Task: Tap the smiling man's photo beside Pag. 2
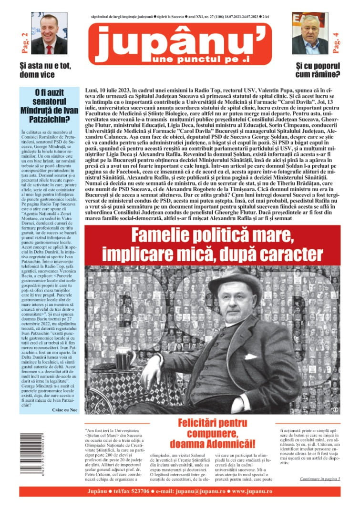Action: [x=49, y=34]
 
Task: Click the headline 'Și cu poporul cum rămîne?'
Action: [x=318, y=70]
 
